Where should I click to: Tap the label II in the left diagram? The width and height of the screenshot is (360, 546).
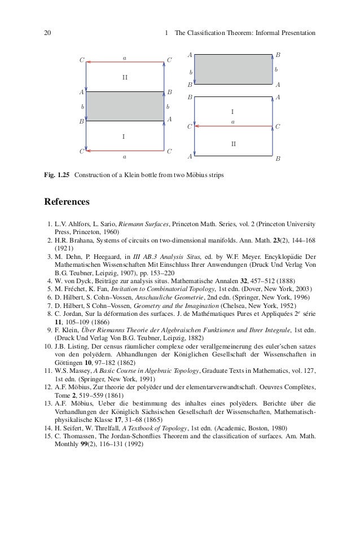click(125, 77)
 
